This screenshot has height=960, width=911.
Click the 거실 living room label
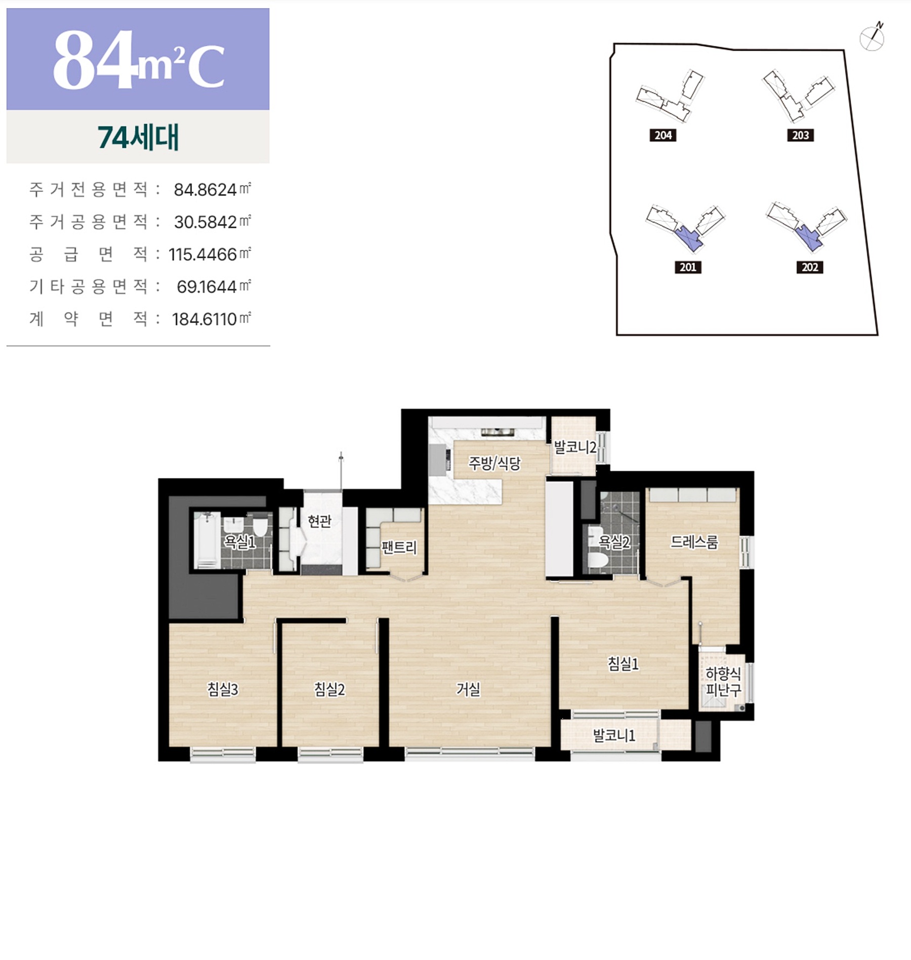(468, 689)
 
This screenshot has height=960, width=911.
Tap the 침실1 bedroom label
(623, 663)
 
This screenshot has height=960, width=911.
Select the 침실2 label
(329, 689)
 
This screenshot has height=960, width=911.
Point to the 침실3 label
(223, 689)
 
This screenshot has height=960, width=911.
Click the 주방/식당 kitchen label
(494, 463)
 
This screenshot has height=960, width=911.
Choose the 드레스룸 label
(694, 542)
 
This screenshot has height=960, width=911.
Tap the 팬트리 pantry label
(399, 547)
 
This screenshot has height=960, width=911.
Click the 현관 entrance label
(319, 521)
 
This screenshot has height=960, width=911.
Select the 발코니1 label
(614, 735)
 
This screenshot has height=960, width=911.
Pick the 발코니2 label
(575, 447)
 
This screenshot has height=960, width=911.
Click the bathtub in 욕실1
(207, 540)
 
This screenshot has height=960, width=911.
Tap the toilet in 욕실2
(598, 559)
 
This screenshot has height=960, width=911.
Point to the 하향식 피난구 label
(723, 681)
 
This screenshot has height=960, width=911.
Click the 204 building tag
(663, 135)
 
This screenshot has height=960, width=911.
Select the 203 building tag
(800, 135)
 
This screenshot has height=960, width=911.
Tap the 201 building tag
(688, 267)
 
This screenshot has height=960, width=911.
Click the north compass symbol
(872, 37)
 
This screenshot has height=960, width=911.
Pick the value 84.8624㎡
(212, 189)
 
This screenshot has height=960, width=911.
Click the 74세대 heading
(138, 137)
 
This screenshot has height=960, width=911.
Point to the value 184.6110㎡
(211, 319)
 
